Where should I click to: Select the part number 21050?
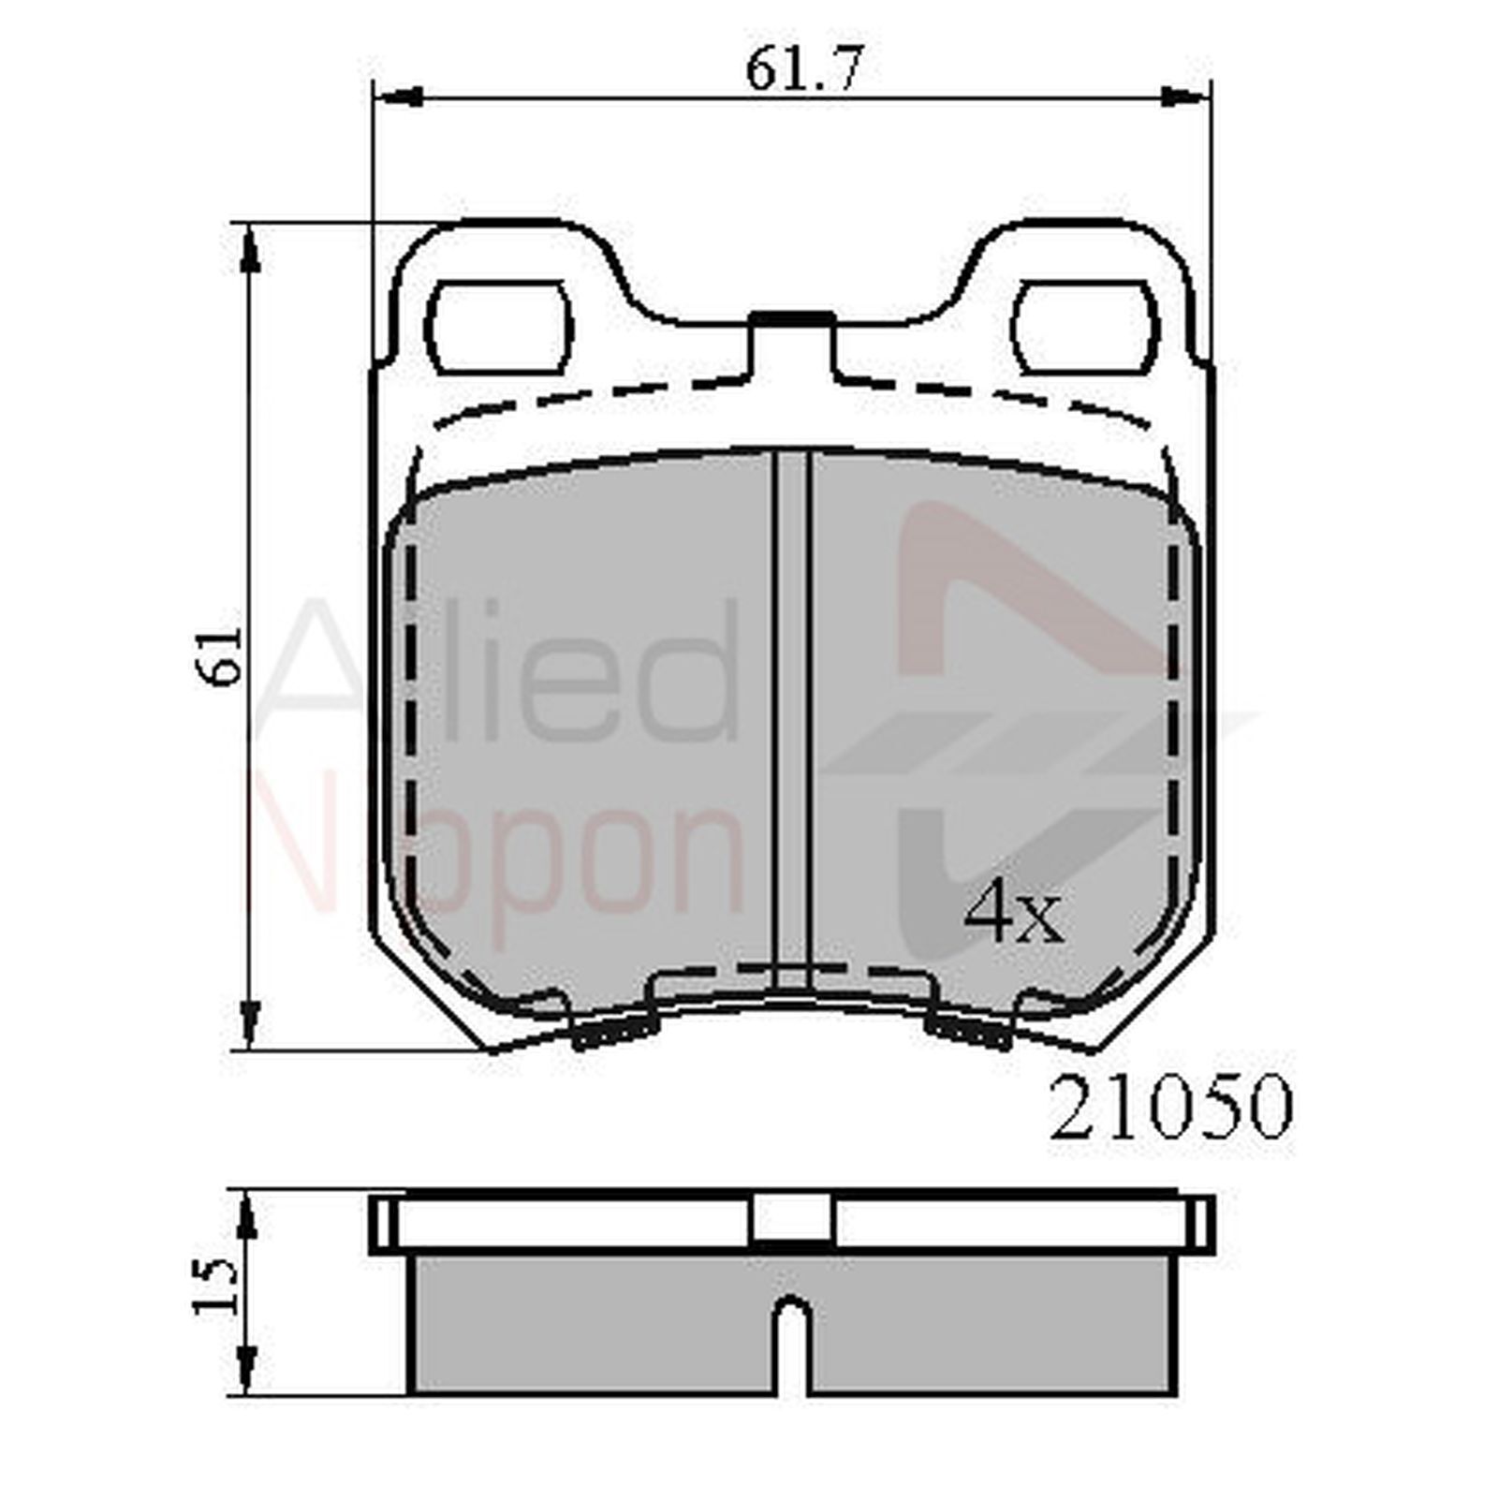1169,1107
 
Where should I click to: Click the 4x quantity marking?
1014,915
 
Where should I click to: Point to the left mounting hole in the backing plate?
497,328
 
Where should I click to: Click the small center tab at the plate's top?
792,319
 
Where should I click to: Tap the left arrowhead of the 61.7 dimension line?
398,95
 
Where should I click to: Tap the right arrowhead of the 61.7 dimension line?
1184,95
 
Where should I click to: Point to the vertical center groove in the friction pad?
792,712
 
